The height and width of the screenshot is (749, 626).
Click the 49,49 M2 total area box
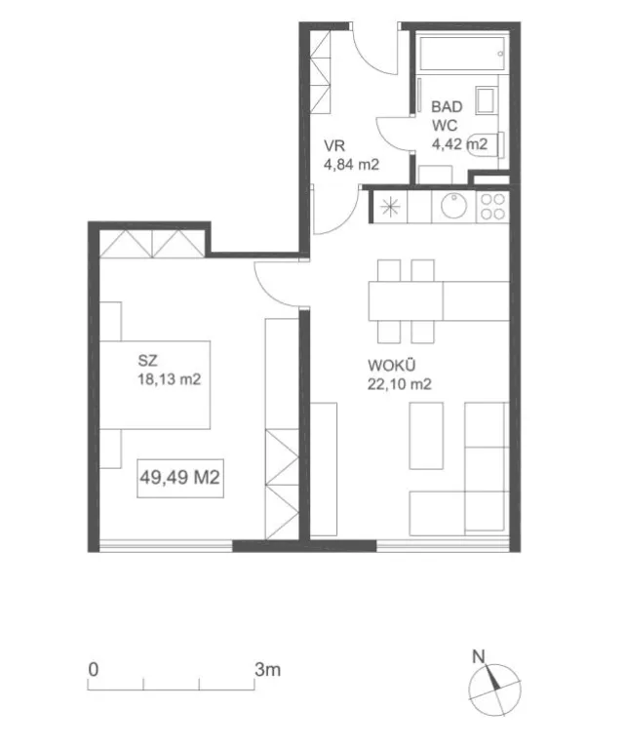(180, 478)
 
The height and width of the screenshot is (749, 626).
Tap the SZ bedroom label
(147, 360)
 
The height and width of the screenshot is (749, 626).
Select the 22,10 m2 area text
(399, 384)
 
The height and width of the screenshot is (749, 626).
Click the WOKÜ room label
(392, 366)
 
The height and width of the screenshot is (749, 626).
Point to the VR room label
(334, 145)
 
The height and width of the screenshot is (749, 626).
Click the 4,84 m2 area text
(351, 165)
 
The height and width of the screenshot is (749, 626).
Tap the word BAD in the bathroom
(447, 106)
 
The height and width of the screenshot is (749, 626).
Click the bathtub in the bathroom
(462, 54)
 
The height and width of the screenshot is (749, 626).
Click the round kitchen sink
(453, 206)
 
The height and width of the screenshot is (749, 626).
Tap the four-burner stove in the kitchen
(492, 207)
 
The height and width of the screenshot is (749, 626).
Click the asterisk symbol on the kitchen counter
(390, 207)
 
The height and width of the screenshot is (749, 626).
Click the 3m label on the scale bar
(267, 670)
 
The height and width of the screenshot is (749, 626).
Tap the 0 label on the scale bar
(94, 670)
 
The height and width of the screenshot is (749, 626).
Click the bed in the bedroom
(155, 384)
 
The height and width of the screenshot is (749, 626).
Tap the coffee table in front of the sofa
(426, 435)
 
